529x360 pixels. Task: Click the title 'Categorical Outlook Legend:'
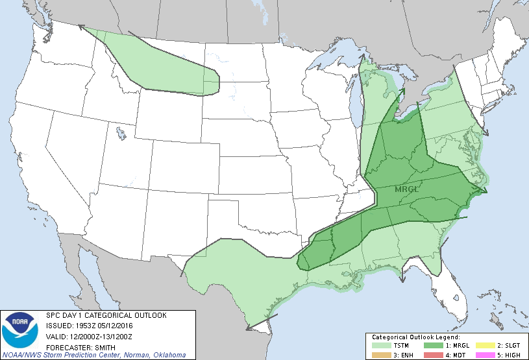click(x=415, y=338)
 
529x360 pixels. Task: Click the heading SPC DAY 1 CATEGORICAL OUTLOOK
click(x=106, y=315)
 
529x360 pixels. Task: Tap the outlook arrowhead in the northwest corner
click(x=82, y=27)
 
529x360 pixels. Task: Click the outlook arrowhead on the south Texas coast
click(x=249, y=328)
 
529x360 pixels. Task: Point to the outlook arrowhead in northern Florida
click(x=402, y=279)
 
